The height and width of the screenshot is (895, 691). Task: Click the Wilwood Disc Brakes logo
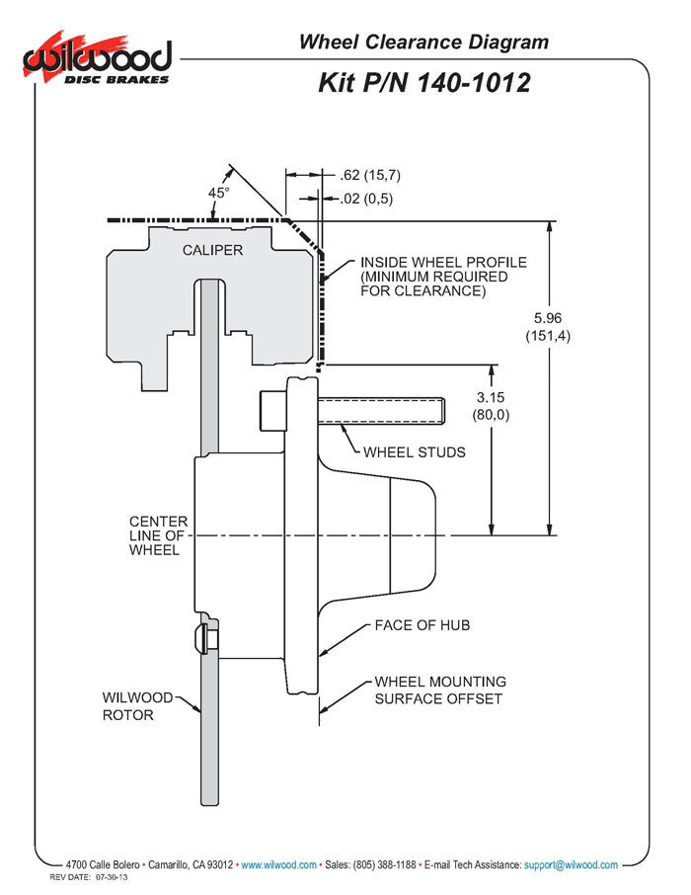(97, 58)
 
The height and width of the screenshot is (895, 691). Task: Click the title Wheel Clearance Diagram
(423, 42)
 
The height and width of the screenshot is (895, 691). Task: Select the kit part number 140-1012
(474, 83)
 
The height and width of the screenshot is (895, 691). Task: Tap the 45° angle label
(218, 193)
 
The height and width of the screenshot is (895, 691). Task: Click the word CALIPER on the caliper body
(212, 250)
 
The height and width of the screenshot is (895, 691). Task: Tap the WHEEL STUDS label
(415, 452)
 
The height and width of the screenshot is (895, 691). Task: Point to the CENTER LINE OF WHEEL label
(158, 536)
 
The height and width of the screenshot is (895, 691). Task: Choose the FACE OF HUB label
(422, 625)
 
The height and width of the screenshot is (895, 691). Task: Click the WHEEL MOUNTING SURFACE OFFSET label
(440, 691)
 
